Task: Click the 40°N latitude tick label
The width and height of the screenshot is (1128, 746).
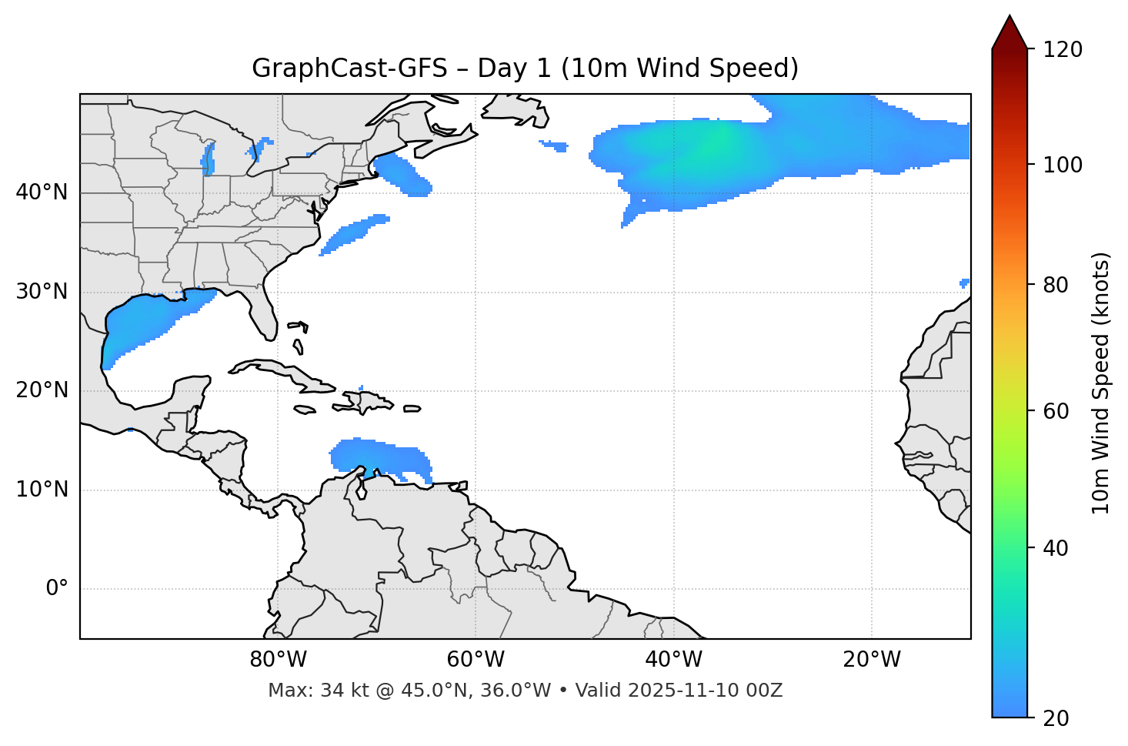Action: pos(42,192)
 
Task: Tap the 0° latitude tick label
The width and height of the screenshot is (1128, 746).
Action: pos(56,589)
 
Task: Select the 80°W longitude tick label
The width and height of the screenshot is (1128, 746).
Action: pos(278,660)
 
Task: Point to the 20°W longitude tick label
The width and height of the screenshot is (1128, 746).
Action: pos(872,660)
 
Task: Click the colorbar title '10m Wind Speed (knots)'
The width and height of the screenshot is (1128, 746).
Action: pos(1101,383)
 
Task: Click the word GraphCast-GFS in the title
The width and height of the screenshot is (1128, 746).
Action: pos(349,69)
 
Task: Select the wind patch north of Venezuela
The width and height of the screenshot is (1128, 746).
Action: pos(377,456)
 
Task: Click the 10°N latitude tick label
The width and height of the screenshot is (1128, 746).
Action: pos(42,490)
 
